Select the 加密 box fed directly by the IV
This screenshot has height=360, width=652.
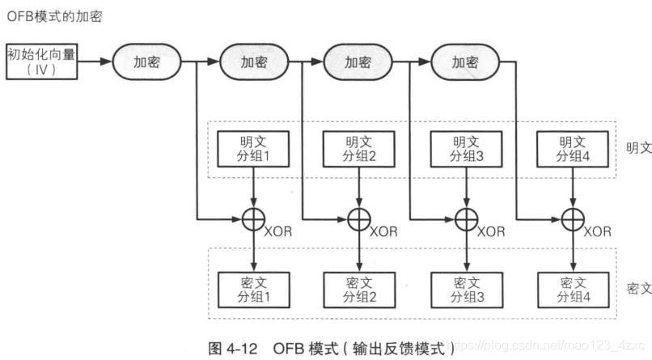point(146,61)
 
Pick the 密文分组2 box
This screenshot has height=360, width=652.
point(359,288)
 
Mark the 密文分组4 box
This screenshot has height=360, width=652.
point(572,288)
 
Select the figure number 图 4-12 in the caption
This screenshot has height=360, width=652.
point(233,349)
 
